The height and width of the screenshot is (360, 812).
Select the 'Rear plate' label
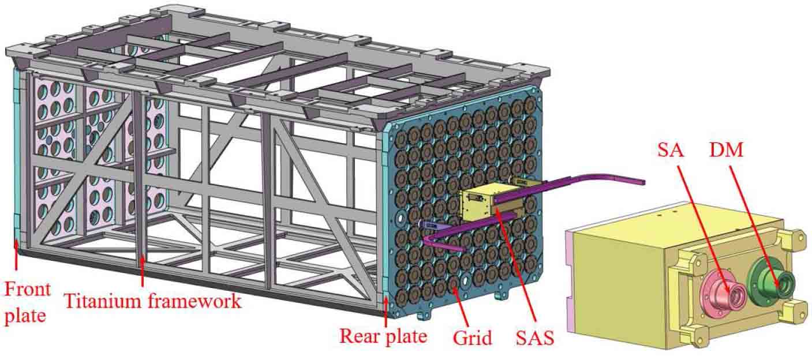coord(383,335)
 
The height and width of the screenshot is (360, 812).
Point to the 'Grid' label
coord(472,336)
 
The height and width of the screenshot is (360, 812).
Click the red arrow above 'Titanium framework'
coord(142,271)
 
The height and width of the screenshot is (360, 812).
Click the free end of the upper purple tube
coord(641,182)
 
